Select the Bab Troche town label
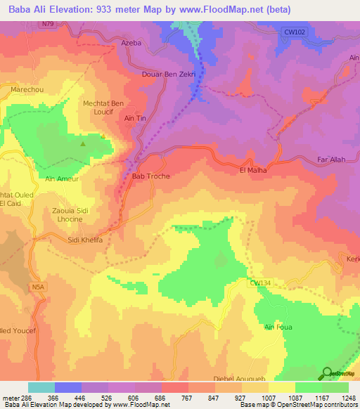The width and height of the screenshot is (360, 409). click(x=151, y=176)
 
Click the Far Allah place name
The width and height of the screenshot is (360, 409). click(x=331, y=160)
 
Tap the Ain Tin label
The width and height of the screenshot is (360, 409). click(x=134, y=119)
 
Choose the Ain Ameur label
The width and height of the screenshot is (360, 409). click(x=61, y=179)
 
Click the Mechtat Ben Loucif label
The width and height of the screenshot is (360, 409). click(x=103, y=108)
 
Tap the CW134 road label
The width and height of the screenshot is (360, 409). click(x=259, y=283)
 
